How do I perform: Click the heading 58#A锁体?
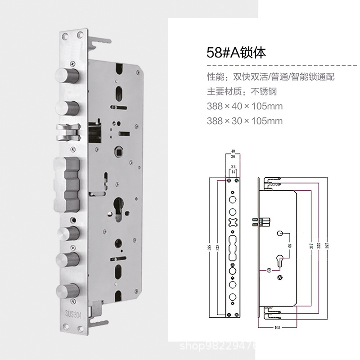[236, 53]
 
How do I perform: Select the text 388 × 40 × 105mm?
[244, 107]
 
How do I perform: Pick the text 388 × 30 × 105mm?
[244, 121]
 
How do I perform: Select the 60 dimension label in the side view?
[269, 270]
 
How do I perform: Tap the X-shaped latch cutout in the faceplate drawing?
[233, 222]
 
